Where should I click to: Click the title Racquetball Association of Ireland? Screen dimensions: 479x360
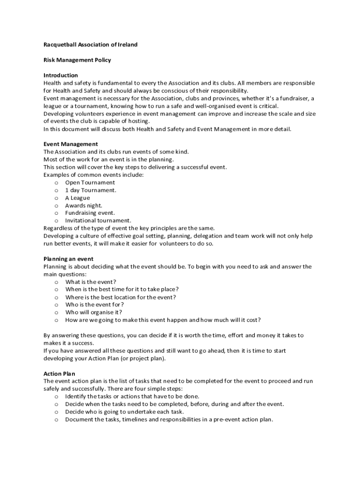point(90,45)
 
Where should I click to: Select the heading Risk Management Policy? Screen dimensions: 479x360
point(77,60)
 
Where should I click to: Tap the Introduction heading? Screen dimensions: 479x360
point(61,75)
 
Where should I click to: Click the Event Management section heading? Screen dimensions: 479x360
point(71,144)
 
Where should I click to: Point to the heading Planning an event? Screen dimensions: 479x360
point(68,259)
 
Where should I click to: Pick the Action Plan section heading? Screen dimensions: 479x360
point(59,374)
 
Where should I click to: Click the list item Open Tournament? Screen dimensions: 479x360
point(90,182)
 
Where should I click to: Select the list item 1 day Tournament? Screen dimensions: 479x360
point(91,190)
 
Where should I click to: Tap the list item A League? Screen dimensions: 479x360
point(78,198)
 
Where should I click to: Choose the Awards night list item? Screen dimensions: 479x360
point(84,205)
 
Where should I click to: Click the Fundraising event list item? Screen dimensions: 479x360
point(90,213)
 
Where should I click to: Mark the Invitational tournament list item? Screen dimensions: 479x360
point(98,220)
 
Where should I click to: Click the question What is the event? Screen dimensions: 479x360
point(91,282)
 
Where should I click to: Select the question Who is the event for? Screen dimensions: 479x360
point(94,305)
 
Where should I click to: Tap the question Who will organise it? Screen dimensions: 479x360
point(94,312)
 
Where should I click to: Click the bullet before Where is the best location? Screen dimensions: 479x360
point(56,297)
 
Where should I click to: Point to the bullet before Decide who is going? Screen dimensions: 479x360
point(56,412)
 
